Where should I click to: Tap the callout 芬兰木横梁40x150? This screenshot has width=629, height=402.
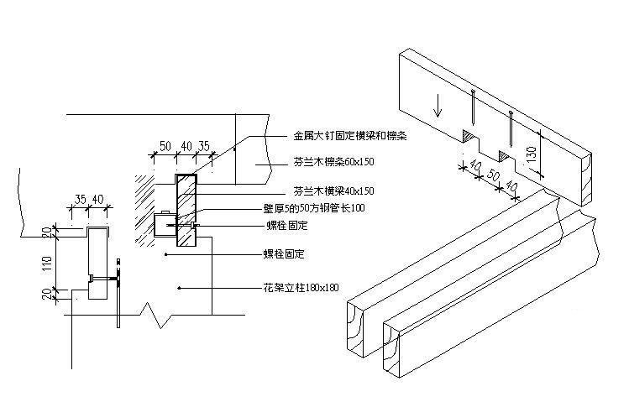click(x=333, y=191)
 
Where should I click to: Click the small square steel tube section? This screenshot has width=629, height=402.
click(x=163, y=225)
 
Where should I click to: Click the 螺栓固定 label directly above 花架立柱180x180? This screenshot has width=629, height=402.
click(x=284, y=253)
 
